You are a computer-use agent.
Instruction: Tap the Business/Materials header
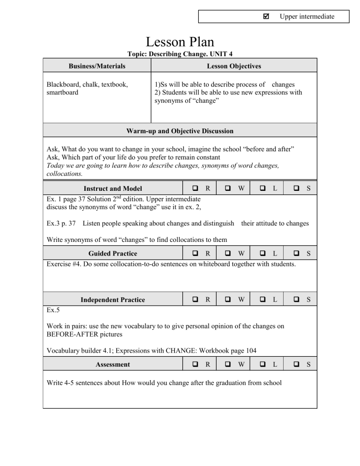97,67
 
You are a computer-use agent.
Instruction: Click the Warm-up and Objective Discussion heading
180,131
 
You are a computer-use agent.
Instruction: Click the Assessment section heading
113,364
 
